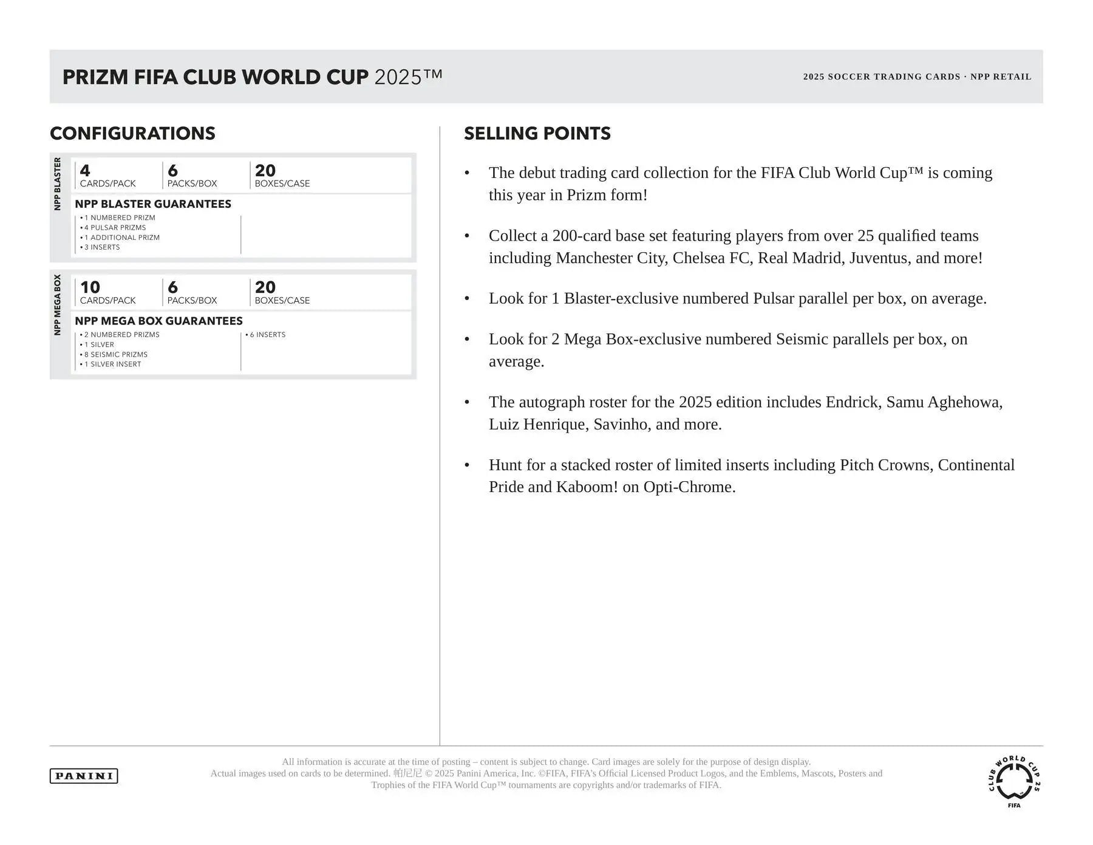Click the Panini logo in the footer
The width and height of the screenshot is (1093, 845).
pyautogui.click(x=84, y=776)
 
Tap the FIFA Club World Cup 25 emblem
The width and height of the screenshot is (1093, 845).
pyautogui.click(x=1014, y=781)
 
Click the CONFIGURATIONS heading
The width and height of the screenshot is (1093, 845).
pyautogui.click(x=132, y=134)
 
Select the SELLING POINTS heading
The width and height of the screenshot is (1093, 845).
pyautogui.click(x=537, y=134)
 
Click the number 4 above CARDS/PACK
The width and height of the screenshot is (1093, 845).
pyautogui.click(x=85, y=171)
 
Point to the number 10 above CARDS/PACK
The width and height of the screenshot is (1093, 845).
pyautogui.click(x=90, y=287)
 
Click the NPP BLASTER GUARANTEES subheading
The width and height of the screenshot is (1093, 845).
pyautogui.click(x=153, y=204)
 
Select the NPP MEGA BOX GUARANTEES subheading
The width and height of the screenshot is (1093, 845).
pyautogui.click(x=158, y=321)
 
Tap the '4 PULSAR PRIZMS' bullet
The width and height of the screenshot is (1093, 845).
pyautogui.click(x=115, y=228)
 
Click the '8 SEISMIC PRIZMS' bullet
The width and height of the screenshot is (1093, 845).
pyautogui.click(x=116, y=355)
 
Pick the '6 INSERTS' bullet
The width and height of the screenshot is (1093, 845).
pyautogui.click(x=267, y=335)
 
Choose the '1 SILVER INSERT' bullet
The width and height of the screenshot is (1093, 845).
pyautogui.click(x=112, y=364)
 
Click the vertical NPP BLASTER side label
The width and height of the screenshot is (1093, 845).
pyautogui.click(x=58, y=184)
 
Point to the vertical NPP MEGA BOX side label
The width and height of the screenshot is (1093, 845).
pyautogui.click(x=58, y=305)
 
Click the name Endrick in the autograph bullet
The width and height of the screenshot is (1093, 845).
pyautogui.click(x=853, y=402)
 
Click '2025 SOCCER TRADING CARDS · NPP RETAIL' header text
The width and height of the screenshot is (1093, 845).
pyautogui.click(x=917, y=77)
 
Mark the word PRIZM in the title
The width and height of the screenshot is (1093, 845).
pyautogui.click(x=95, y=77)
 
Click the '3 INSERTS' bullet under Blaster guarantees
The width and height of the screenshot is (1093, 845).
pyautogui.click(x=102, y=247)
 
